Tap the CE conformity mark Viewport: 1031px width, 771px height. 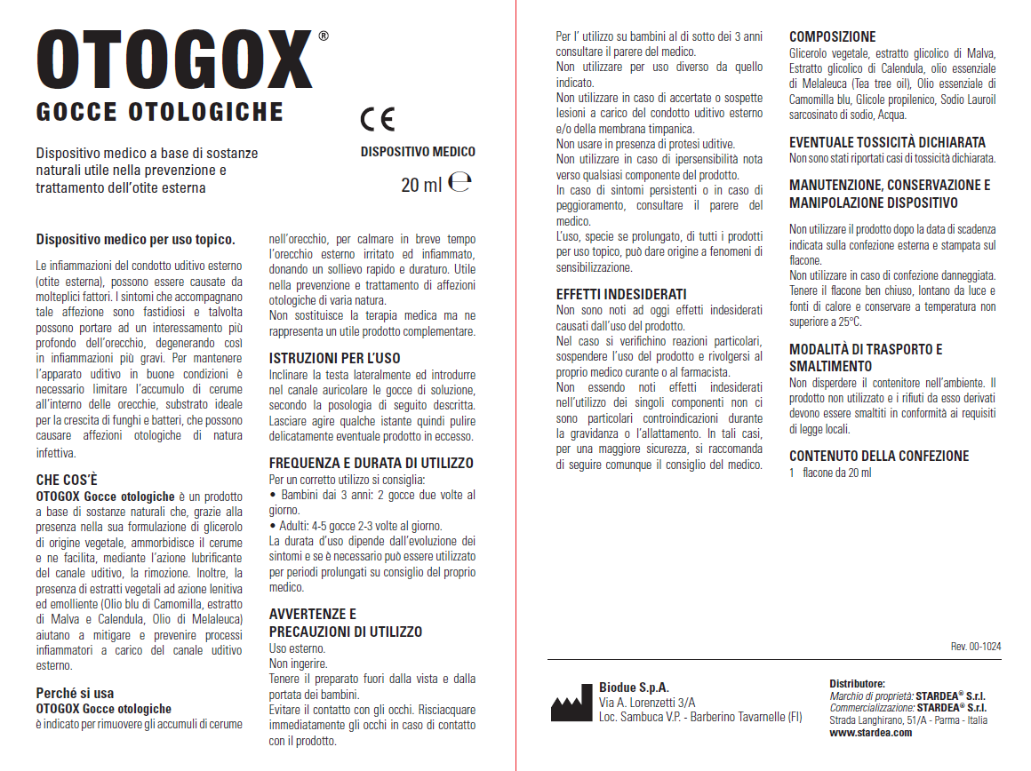click(x=378, y=119)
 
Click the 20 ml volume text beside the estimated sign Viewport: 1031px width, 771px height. click(x=421, y=185)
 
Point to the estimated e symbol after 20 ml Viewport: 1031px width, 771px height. click(x=460, y=183)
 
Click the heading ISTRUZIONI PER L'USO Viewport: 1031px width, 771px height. click(x=335, y=358)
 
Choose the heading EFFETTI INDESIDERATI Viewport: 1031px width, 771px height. click(x=621, y=294)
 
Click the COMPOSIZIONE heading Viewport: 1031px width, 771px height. click(x=833, y=37)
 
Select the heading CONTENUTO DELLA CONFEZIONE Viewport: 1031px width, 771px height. click(x=879, y=456)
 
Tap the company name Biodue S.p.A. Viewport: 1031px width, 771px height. click(x=634, y=688)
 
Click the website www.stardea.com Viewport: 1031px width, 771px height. click(x=871, y=733)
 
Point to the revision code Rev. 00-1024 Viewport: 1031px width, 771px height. click(x=976, y=647)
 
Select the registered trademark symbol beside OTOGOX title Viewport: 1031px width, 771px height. click(x=323, y=36)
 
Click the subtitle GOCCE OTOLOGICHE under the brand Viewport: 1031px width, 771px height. click(x=160, y=112)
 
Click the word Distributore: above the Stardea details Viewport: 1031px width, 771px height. click(x=857, y=683)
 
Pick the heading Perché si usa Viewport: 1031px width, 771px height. click(x=75, y=693)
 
